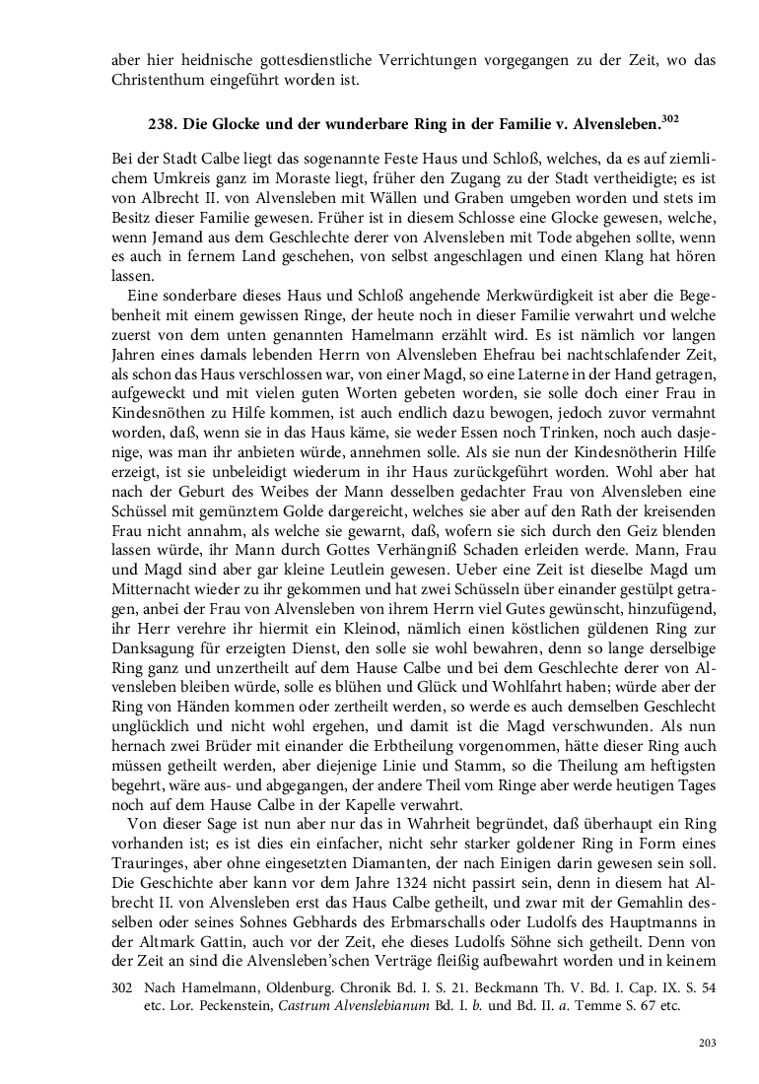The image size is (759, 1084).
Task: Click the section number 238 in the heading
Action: [x=162, y=126]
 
